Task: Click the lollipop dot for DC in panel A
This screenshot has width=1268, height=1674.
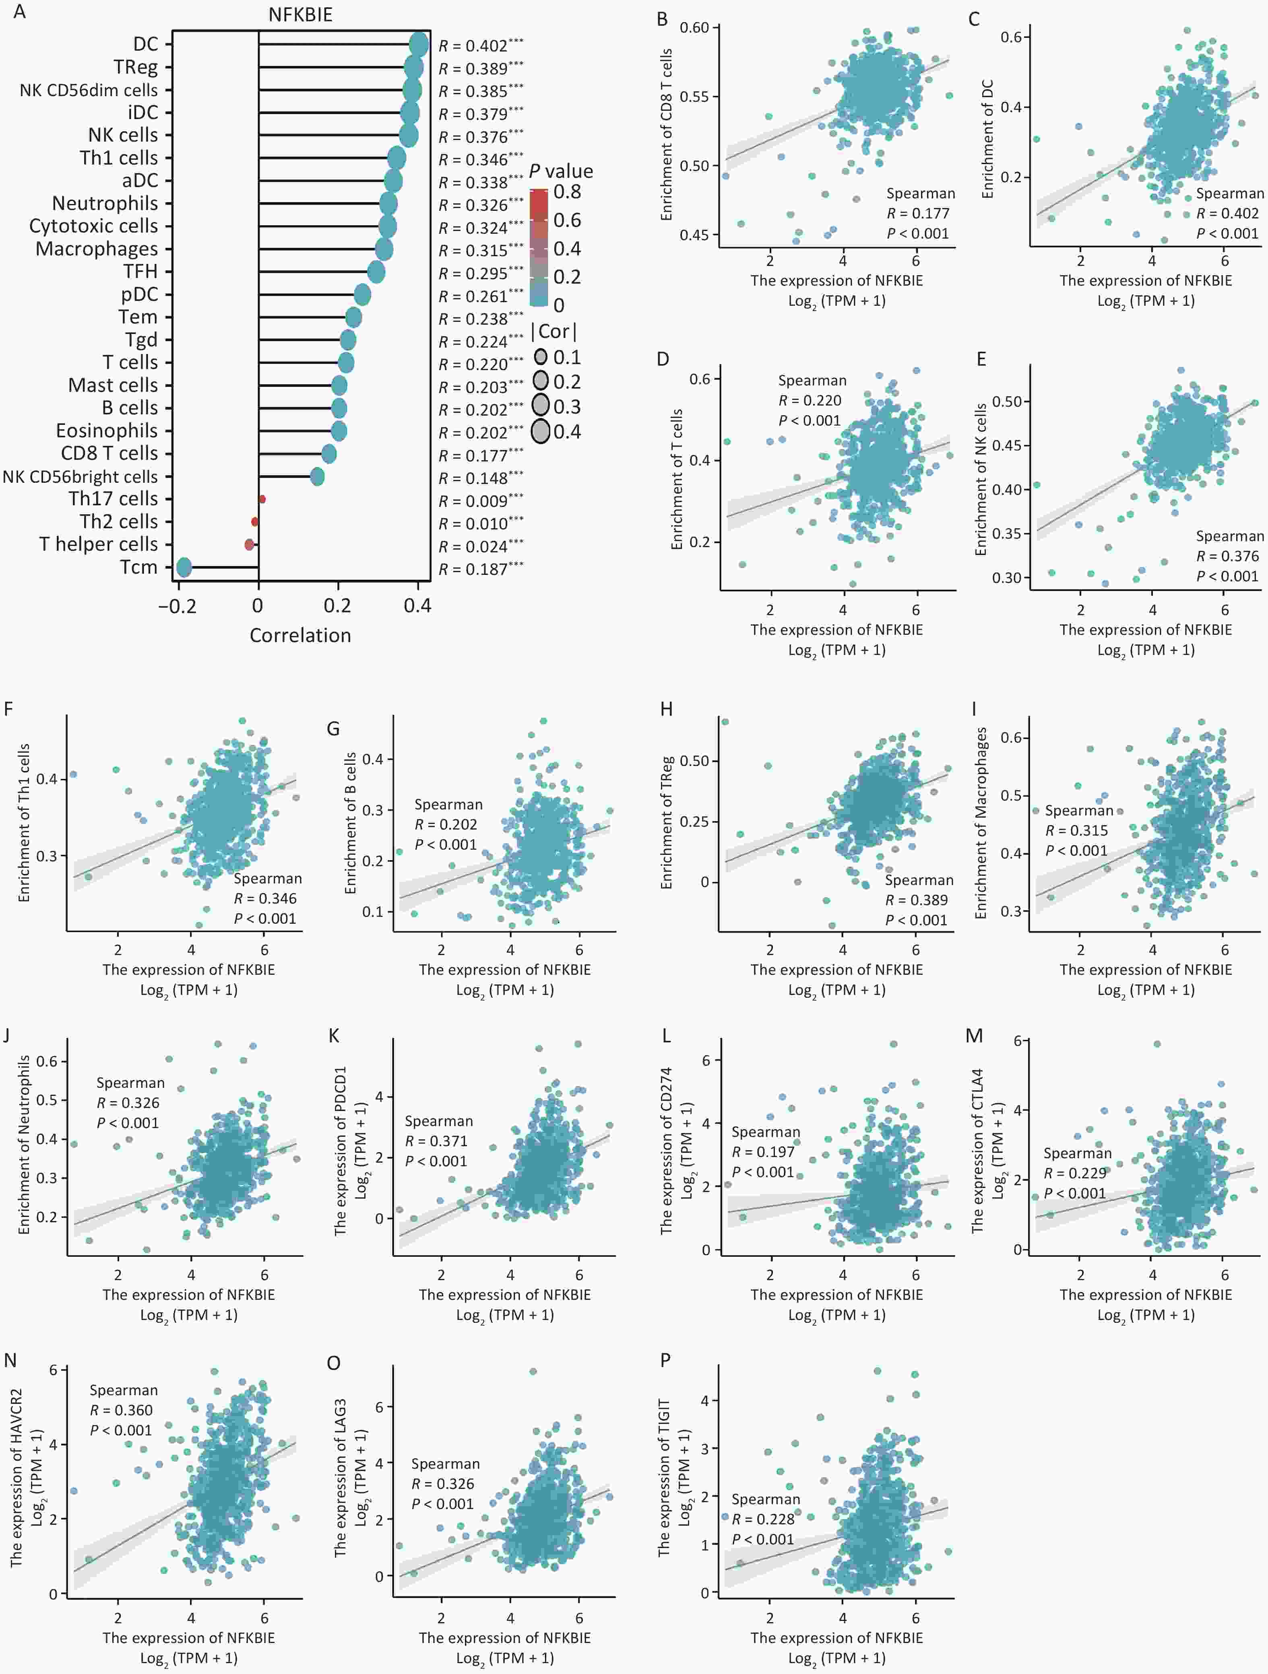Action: (419, 44)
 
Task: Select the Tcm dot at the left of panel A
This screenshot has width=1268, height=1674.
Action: (183, 568)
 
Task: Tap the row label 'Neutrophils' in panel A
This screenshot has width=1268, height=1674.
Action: (105, 204)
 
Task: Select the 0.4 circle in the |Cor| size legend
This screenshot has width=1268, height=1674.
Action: (541, 431)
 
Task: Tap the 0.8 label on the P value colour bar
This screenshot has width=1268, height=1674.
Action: (567, 191)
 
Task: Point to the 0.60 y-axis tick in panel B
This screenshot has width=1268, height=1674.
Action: (694, 28)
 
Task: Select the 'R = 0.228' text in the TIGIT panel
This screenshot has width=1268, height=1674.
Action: (763, 1519)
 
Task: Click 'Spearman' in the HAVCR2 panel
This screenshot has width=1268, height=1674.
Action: (124, 1390)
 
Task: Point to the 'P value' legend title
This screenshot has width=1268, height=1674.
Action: (561, 171)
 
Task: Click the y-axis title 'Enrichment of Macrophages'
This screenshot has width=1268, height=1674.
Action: (981, 824)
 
